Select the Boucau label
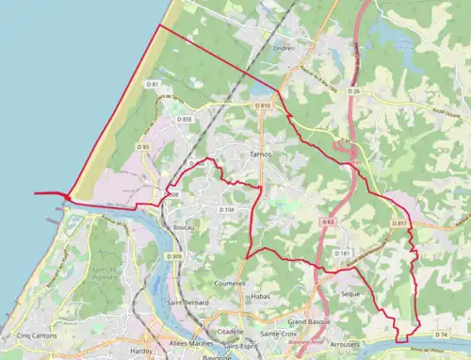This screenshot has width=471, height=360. pos(185,228)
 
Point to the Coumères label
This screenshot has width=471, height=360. pos(230,283)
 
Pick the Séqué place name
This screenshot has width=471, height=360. pos(350,294)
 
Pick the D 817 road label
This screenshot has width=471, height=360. pos(399,223)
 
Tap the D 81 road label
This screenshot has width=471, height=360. pos(152,85)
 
